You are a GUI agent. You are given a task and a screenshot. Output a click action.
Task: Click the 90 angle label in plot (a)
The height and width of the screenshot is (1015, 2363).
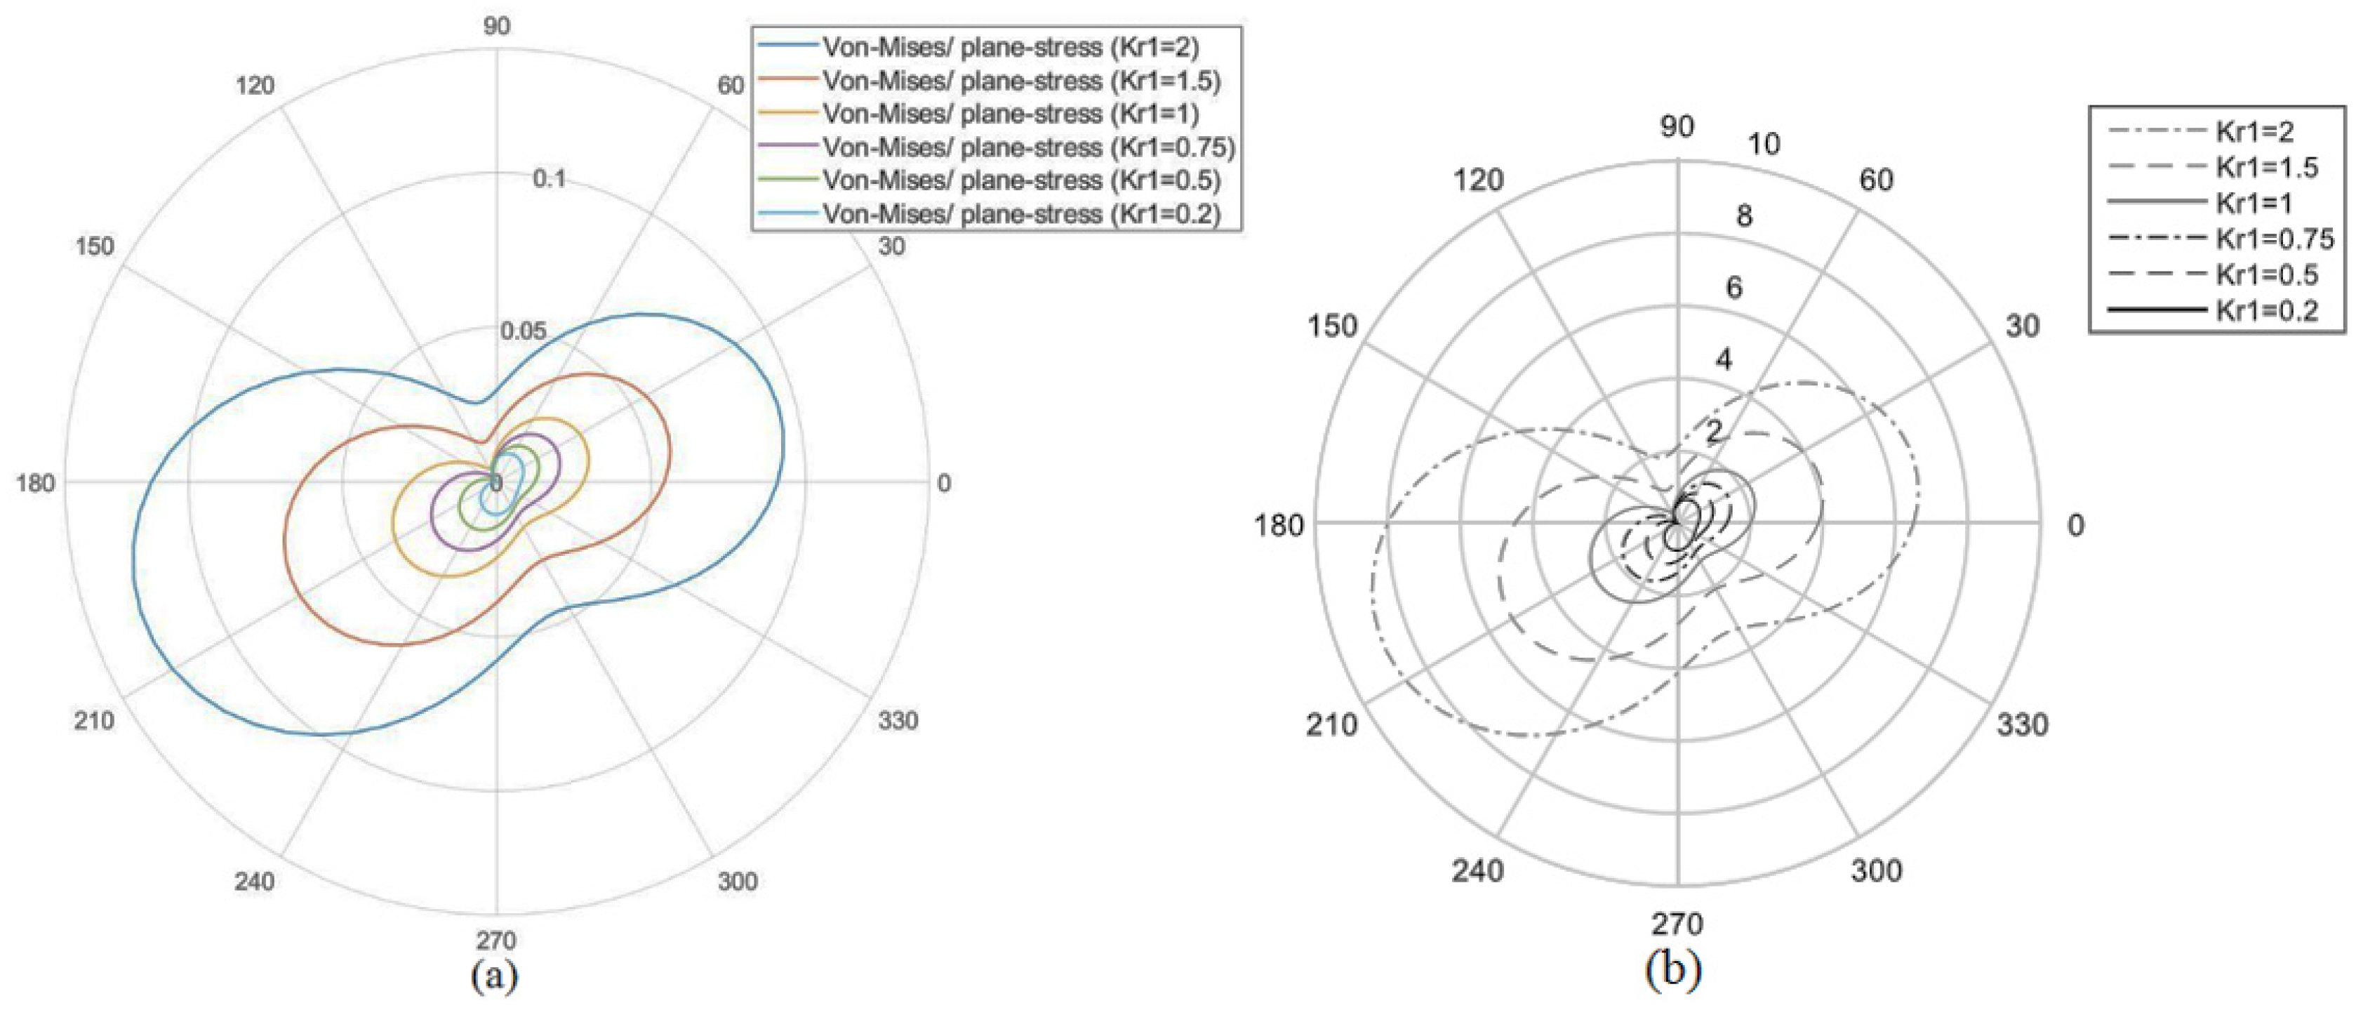click(496, 26)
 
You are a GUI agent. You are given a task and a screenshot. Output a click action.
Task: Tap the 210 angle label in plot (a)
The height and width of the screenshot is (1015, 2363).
click(95, 720)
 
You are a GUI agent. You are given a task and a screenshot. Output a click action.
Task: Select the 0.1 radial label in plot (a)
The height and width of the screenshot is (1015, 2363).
click(550, 179)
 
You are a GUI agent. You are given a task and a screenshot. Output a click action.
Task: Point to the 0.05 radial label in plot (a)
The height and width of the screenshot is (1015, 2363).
click(523, 331)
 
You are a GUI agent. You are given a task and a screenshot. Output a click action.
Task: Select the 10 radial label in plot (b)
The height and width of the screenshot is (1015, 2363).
click(1763, 144)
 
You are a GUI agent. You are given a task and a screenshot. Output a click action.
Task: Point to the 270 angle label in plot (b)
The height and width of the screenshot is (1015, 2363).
click(1677, 922)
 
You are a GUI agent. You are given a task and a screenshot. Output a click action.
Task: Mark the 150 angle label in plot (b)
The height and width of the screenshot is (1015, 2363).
click(1331, 326)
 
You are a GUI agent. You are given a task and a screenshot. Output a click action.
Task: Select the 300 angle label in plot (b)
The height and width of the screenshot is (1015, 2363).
click(1876, 870)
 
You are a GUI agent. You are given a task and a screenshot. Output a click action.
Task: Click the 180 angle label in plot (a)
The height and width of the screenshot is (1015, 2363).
click(35, 483)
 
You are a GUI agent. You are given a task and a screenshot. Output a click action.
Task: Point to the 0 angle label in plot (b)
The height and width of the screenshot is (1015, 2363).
click(2075, 525)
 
